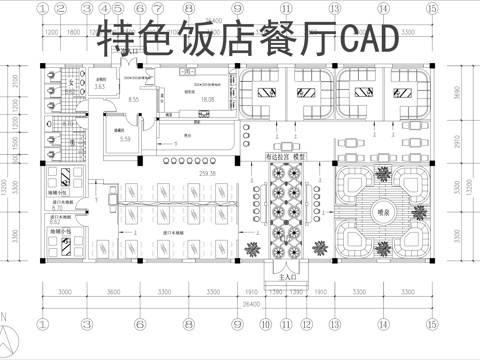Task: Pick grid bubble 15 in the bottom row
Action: [x=431, y=325]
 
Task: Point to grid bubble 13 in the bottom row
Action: [x=335, y=325]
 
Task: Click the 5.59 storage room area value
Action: [x=125, y=139]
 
